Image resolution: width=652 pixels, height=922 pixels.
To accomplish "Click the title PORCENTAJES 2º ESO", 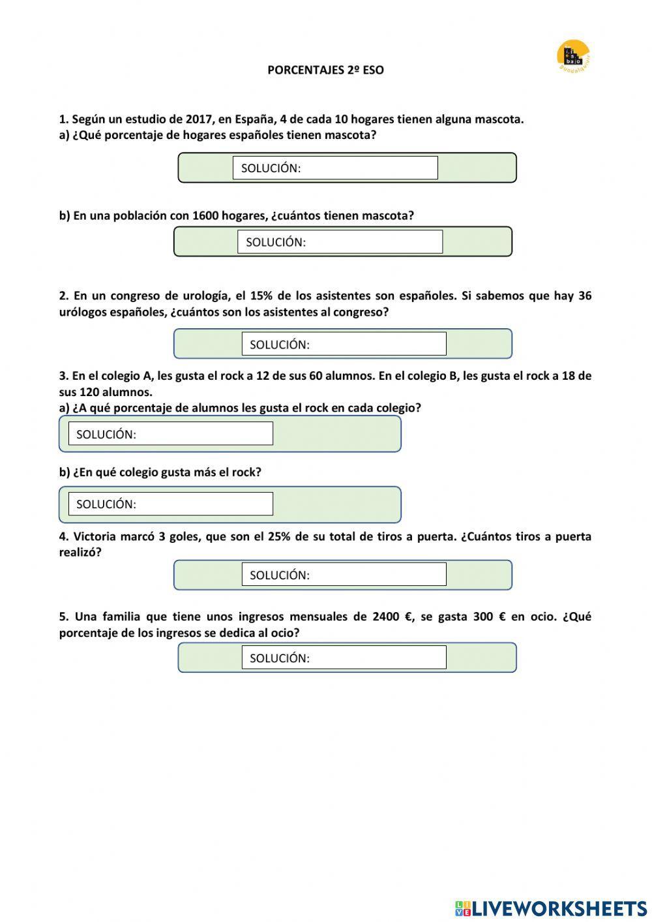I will (x=325, y=70).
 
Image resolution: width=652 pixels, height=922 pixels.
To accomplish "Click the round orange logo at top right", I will (x=573, y=55).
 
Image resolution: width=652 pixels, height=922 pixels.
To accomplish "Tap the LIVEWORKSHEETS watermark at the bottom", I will (x=550, y=908).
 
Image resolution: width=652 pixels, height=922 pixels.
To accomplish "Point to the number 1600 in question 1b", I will (x=205, y=216).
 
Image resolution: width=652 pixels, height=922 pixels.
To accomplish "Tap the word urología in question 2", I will (x=198, y=296).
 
